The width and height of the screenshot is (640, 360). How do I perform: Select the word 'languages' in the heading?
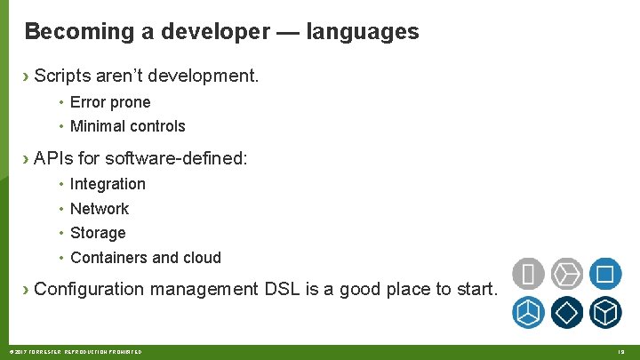362,32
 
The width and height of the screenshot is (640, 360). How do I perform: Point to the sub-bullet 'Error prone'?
110,102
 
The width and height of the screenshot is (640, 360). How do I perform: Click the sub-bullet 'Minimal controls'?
127,126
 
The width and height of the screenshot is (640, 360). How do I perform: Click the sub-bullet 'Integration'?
108,184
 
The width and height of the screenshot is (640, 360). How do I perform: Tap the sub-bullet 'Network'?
100,209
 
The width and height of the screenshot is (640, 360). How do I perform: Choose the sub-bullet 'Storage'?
98,233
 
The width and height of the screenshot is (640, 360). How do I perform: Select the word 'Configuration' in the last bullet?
89,289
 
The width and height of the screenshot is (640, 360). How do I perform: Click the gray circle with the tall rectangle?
528,274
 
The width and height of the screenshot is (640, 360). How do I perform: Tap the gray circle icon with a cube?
566,274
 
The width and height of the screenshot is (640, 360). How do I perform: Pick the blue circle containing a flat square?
604,274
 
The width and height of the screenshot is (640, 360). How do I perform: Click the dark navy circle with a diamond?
566,312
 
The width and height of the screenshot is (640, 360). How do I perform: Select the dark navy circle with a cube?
604,312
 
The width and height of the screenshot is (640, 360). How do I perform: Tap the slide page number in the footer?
621,352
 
